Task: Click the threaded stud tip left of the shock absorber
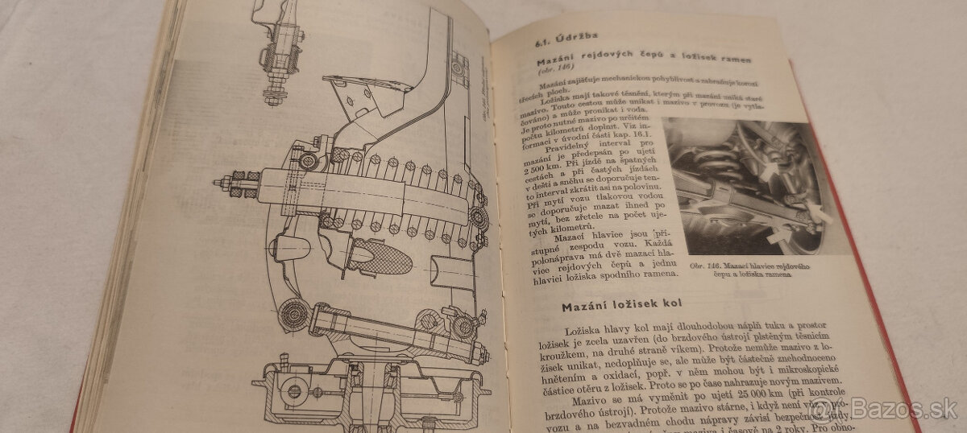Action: pos(219,184)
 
